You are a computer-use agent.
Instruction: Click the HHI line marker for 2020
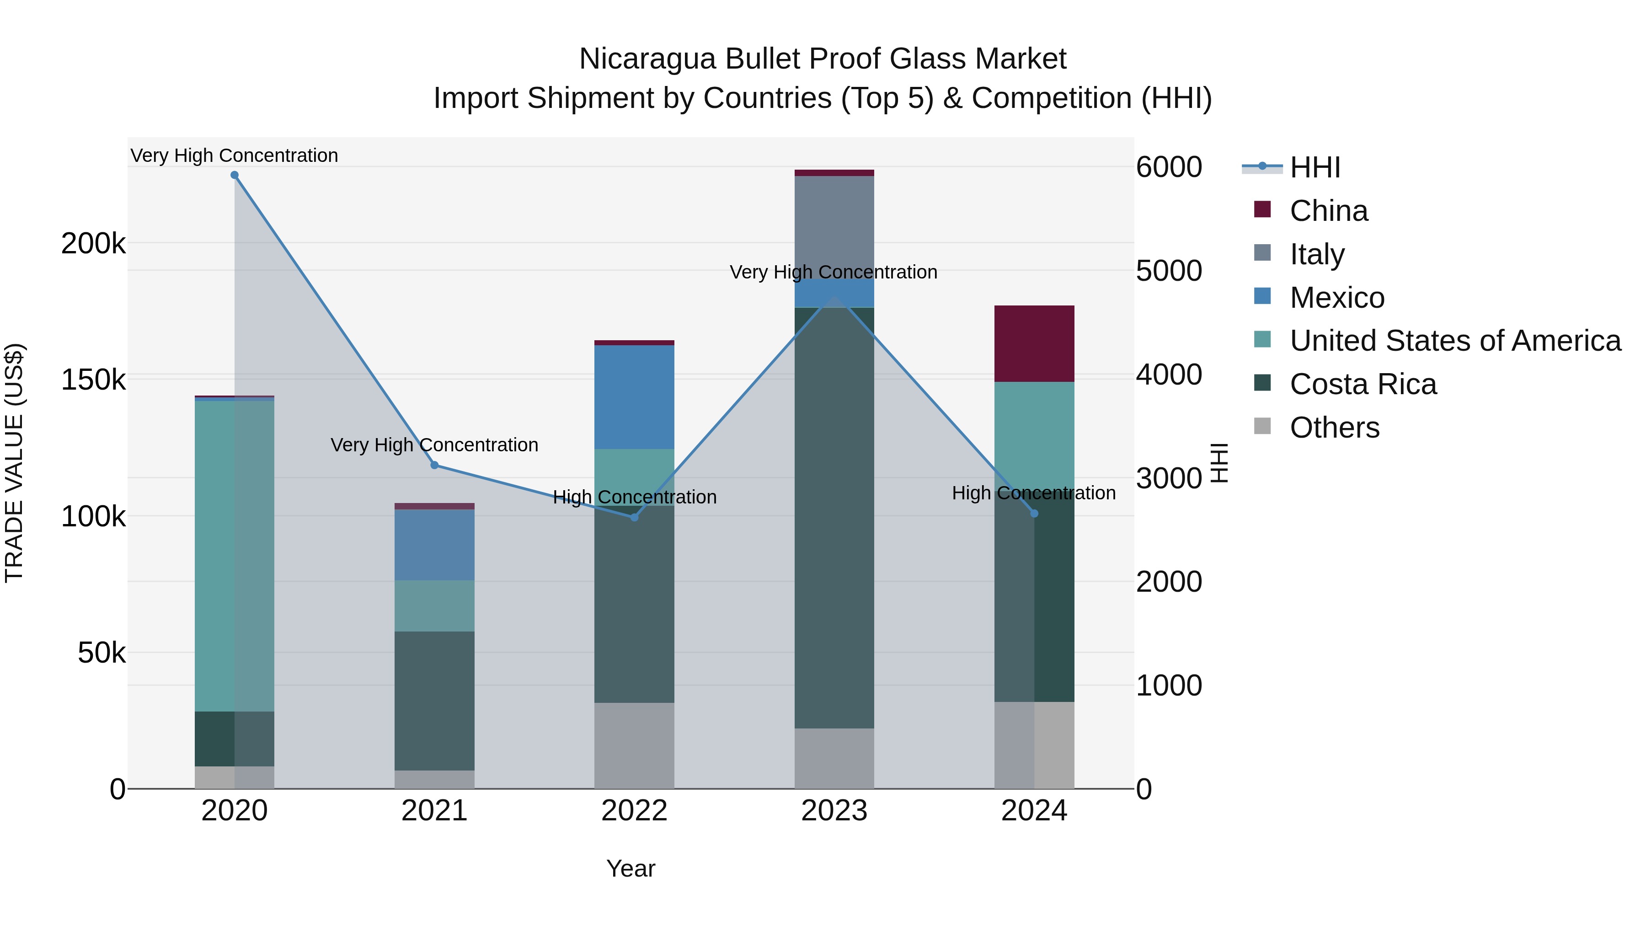pyautogui.click(x=235, y=175)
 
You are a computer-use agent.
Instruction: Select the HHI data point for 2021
pyautogui.click(x=434, y=465)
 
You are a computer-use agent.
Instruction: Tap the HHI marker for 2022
pyautogui.click(x=635, y=518)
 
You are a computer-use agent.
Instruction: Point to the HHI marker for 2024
pyautogui.click(x=1035, y=514)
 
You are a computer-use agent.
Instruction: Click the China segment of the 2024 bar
pyautogui.click(x=1035, y=344)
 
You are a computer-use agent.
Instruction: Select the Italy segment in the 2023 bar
pyautogui.click(x=834, y=227)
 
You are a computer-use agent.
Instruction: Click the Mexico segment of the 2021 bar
pyautogui.click(x=434, y=545)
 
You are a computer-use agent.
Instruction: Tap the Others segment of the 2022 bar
pyautogui.click(x=635, y=746)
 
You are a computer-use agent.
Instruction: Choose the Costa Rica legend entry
pyautogui.click(x=1363, y=385)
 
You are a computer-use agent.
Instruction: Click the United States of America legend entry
pyautogui.click(x=1455, y=341)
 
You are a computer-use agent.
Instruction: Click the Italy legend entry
pyautogui.click(x=1317, y=254)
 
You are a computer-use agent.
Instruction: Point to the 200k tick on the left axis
pyautogui.click(x=93, y=243)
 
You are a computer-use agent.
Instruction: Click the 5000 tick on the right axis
pyautogui.click(x=1169, y=271)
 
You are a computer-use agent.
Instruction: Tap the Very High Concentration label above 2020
pyautogui.click(x=235, y=156)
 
